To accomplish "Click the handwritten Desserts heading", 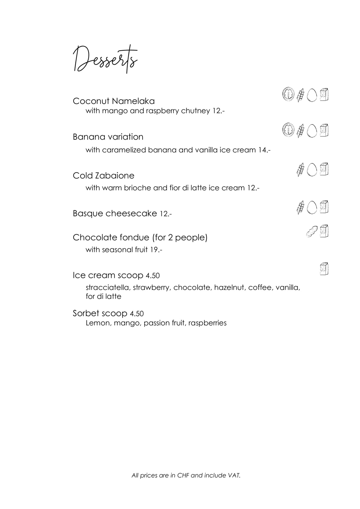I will coord(105,59).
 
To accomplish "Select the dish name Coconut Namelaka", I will coord(113,101).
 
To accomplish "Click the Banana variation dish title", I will coord(108,137).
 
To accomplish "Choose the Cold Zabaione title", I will coord(103,176).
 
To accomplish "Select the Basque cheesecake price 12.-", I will coord(166,214).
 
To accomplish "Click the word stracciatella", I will coord(108,287).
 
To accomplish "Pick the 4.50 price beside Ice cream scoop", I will coord(153,276).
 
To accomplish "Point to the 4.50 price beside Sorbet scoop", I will coord(137,314).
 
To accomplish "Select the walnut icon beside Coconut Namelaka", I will coord(289,95).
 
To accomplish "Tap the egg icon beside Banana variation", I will coord(312,130).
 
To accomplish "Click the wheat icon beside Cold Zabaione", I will coord(300,170).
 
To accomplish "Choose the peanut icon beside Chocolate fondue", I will coord(311,232).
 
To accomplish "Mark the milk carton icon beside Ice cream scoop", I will coord(324,269).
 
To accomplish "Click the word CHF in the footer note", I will coord(183,475).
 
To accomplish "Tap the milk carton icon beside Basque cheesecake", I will coord(324,207).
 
